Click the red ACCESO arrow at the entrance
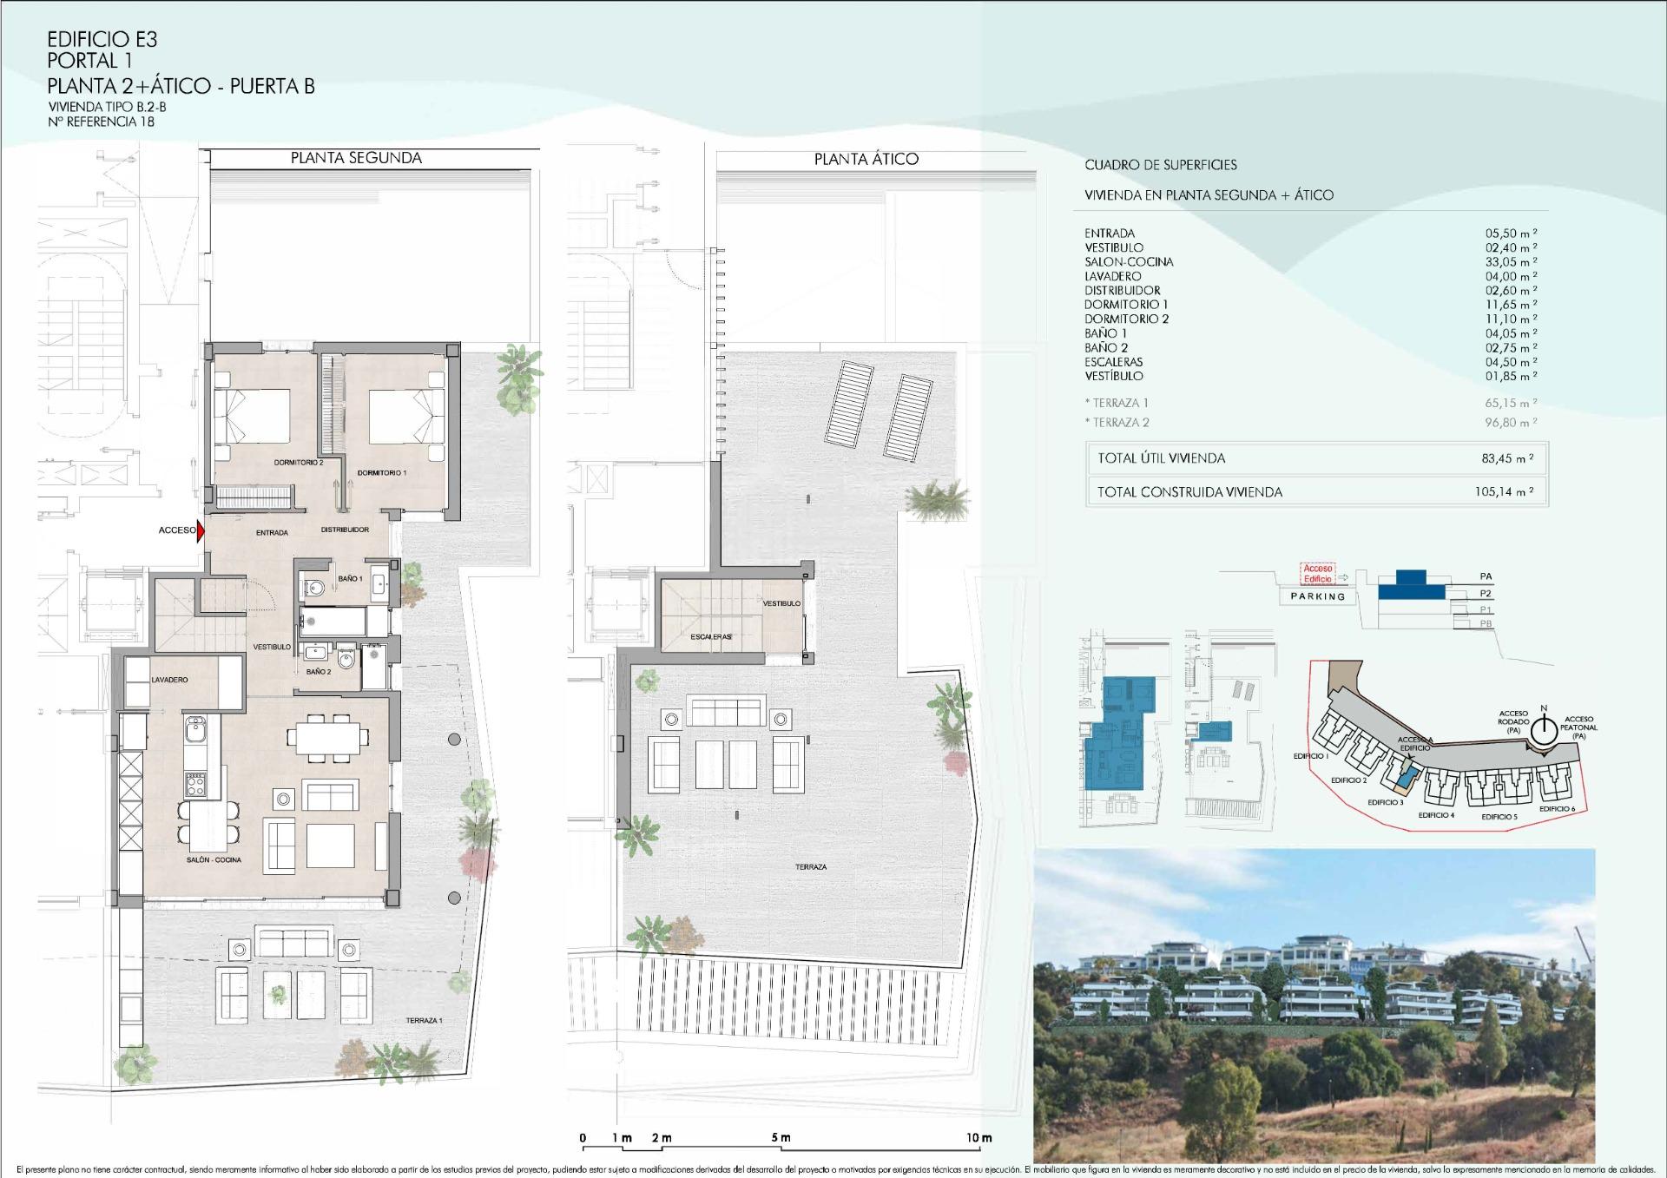click(x=201, y=530)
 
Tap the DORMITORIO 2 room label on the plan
click(x=299, y=463)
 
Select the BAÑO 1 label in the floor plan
click(x=350, y=578)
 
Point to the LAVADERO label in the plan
click(x=169, y=680)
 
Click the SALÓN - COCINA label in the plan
click(x=214, y=860)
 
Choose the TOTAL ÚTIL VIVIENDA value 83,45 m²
click(x=1507, y=458)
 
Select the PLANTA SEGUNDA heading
click(x=356, y=158)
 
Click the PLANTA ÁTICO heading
click(x=866, y=159)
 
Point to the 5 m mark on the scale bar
click(x=781, y=1138)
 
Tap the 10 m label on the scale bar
click(x=978, y=1138)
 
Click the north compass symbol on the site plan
click(x=1544, y=732)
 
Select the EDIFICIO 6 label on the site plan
click(x=1557, y=809)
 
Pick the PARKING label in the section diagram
click(x=1317, y=596)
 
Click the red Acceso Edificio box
click(x=1317, y=573)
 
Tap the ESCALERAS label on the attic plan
click(x=711, y=637)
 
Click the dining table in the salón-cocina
click(x=328, y=739)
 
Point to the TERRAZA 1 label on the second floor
click(x=424, y=1021)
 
